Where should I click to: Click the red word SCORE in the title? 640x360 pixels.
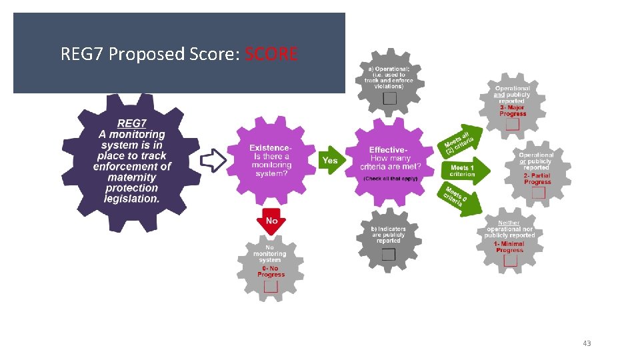click(x=271, y=54)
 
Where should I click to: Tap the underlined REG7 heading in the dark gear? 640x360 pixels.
click(x=131, y=123)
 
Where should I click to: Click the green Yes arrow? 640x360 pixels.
click(x=330, y=161)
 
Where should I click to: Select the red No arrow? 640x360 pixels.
click(x=271, y=222)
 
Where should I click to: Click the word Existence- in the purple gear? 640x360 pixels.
click(x=271, y=148)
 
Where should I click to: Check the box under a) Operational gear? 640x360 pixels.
click(x=389, y=98)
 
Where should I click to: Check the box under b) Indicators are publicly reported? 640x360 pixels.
click(x=389, y=254)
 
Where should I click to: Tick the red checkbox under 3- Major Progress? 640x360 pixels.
click(x=512, y=124)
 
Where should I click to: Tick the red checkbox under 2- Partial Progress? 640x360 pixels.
click(x=537, y=193)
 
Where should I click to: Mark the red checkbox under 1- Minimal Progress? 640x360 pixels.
click(x=510, y=261)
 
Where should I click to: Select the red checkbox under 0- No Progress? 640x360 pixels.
click(x=271, y=286)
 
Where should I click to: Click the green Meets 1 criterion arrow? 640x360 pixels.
click(x=465, y=171)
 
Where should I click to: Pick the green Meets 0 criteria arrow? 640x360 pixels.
click(x=459, y=199)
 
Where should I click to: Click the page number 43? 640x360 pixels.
click(x=587, y=343)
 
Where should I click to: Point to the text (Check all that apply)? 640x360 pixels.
click(x=389, y=179)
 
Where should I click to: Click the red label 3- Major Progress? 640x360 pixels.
click(x=512, y=111)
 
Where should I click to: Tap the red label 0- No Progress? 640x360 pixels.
click(x=271, y=271)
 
